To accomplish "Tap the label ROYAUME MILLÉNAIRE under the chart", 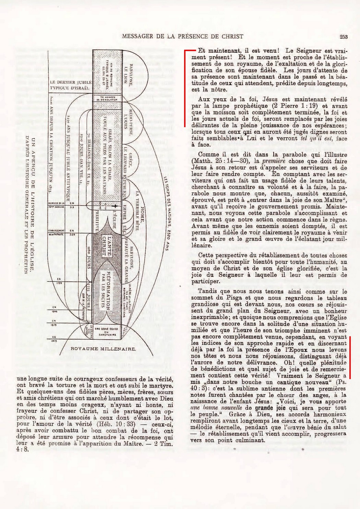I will tap(103, 349).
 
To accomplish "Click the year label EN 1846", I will tap(55, 309).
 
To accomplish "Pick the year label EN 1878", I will tap(55, 323).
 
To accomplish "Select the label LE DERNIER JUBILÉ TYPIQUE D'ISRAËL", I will tap(71, 85).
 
